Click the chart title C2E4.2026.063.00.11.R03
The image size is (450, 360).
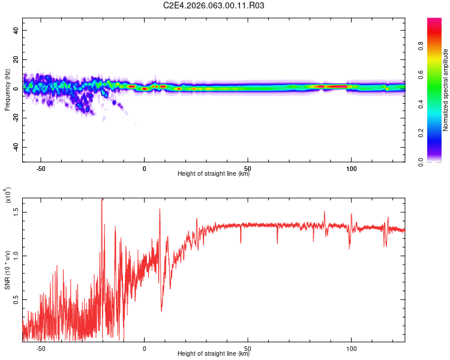(x=214, y=5)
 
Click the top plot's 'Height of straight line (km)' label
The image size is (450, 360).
(x=214, y=174)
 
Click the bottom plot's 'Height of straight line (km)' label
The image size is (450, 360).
(x=214, y=354)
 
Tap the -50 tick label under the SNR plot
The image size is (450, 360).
(x=41, y=349)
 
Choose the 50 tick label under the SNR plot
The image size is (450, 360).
(x=248, y=349)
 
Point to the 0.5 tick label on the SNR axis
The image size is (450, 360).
(x=17, y=299)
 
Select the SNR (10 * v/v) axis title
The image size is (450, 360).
(x=7, y=264)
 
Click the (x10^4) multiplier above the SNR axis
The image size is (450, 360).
(x=8, y=195)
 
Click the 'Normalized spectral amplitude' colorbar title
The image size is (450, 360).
(x=446, y=90)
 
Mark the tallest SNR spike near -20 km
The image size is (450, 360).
(x=102, y=201)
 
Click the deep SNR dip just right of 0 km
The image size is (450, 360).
(x=161, y=309)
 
